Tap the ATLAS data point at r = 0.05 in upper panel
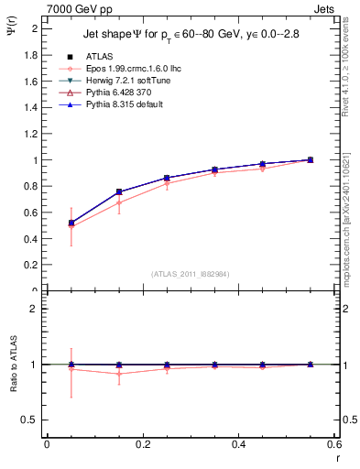tap(71, 223)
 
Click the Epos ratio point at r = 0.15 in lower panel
tap(118, 374)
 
